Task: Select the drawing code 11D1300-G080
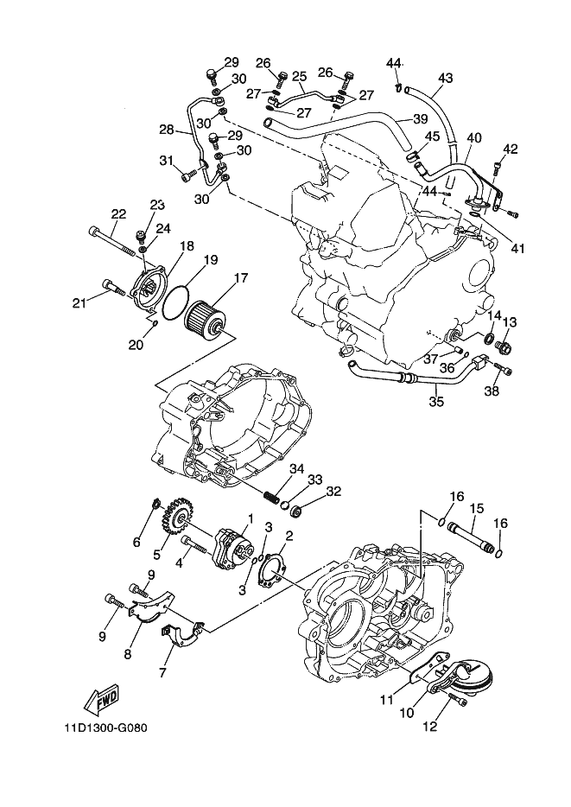click(102, 728)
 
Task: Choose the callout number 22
click(118, 214)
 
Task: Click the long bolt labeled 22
click(111, 241)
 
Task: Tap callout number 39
click(420, 119)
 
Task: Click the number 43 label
click(446, 79)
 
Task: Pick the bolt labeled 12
click(457, 698)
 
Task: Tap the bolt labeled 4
click(194, 544)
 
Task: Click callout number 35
click(436, 401)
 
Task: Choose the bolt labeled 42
click(498, 168)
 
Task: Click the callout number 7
click(163, 671)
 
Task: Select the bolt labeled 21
click(115, 287)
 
